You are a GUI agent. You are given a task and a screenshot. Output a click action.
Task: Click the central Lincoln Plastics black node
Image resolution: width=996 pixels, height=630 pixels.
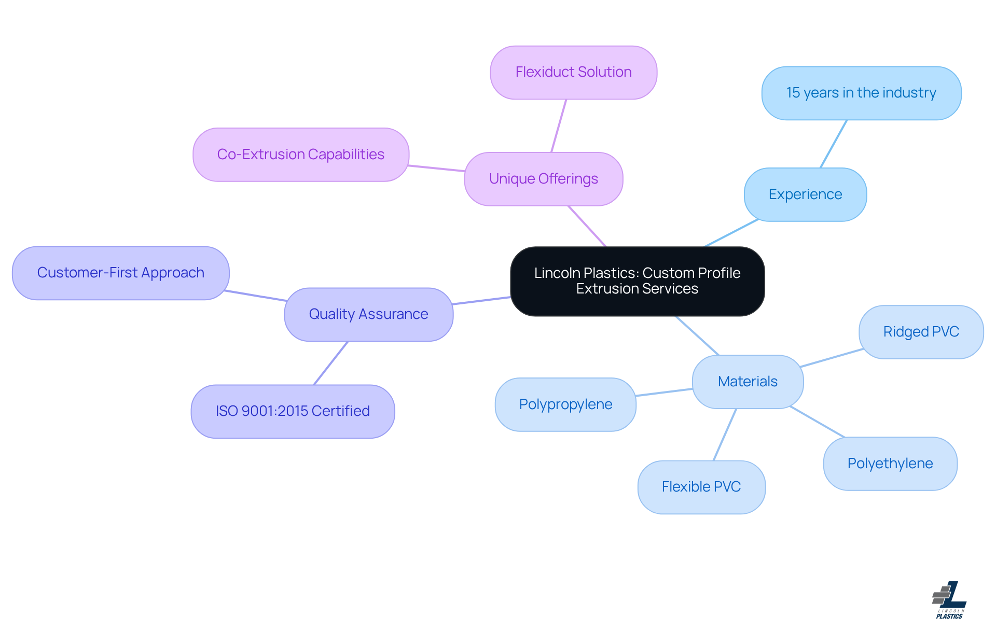point(637,281)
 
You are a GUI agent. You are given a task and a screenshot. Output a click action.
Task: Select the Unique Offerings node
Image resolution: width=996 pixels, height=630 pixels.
point(543,179)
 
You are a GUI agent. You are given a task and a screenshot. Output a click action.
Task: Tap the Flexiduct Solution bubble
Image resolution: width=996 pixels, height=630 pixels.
point(573,72)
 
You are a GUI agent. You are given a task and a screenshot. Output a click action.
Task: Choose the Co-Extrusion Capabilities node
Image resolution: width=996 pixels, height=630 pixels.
point(300,155)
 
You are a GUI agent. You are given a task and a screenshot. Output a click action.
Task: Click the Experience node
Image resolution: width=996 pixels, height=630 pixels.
point(805,194)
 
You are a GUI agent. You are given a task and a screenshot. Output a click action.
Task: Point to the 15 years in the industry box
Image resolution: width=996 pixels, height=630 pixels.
point(861,93)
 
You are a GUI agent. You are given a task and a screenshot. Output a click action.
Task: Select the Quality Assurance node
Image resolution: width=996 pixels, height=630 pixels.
point(368,314)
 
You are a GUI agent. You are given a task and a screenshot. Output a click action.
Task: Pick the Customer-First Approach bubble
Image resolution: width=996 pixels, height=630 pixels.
point(120,273)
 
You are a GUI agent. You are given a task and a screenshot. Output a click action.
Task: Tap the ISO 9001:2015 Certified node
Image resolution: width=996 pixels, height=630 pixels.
point(293,411)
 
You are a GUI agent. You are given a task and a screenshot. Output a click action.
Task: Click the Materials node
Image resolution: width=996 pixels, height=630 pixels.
point(748,382)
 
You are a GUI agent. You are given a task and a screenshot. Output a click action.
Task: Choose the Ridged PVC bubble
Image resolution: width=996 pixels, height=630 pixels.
point(921,332)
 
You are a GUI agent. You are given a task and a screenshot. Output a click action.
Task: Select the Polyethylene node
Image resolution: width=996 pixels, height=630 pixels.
point(890,464)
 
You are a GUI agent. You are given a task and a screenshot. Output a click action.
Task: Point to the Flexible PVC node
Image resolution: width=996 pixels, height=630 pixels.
point(701,487)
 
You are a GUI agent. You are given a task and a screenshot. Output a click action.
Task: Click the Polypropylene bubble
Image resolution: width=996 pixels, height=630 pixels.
point(565,404)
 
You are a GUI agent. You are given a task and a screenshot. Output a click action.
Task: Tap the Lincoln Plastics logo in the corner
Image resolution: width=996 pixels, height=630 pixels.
point(949,600)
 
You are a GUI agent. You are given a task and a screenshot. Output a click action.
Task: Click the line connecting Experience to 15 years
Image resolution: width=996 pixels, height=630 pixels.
point(834,144)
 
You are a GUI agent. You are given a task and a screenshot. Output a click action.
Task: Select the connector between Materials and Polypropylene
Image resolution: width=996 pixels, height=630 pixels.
point(664,393)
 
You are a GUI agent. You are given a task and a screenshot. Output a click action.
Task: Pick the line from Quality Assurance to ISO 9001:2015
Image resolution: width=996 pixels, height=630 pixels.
point(331,363)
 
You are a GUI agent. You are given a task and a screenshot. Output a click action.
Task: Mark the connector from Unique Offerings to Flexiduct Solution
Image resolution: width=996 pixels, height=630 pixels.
point(559,125)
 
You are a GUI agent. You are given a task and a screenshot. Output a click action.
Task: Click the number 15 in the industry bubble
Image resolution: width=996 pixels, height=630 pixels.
point(793,93)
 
